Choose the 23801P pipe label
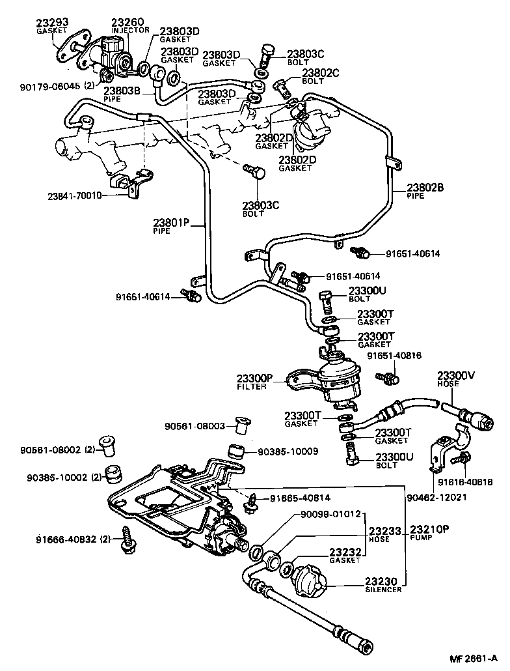click(171, 223)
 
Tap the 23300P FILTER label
click(256, 377)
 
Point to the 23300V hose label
click(456, 375)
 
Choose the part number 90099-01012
click(330, 515)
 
